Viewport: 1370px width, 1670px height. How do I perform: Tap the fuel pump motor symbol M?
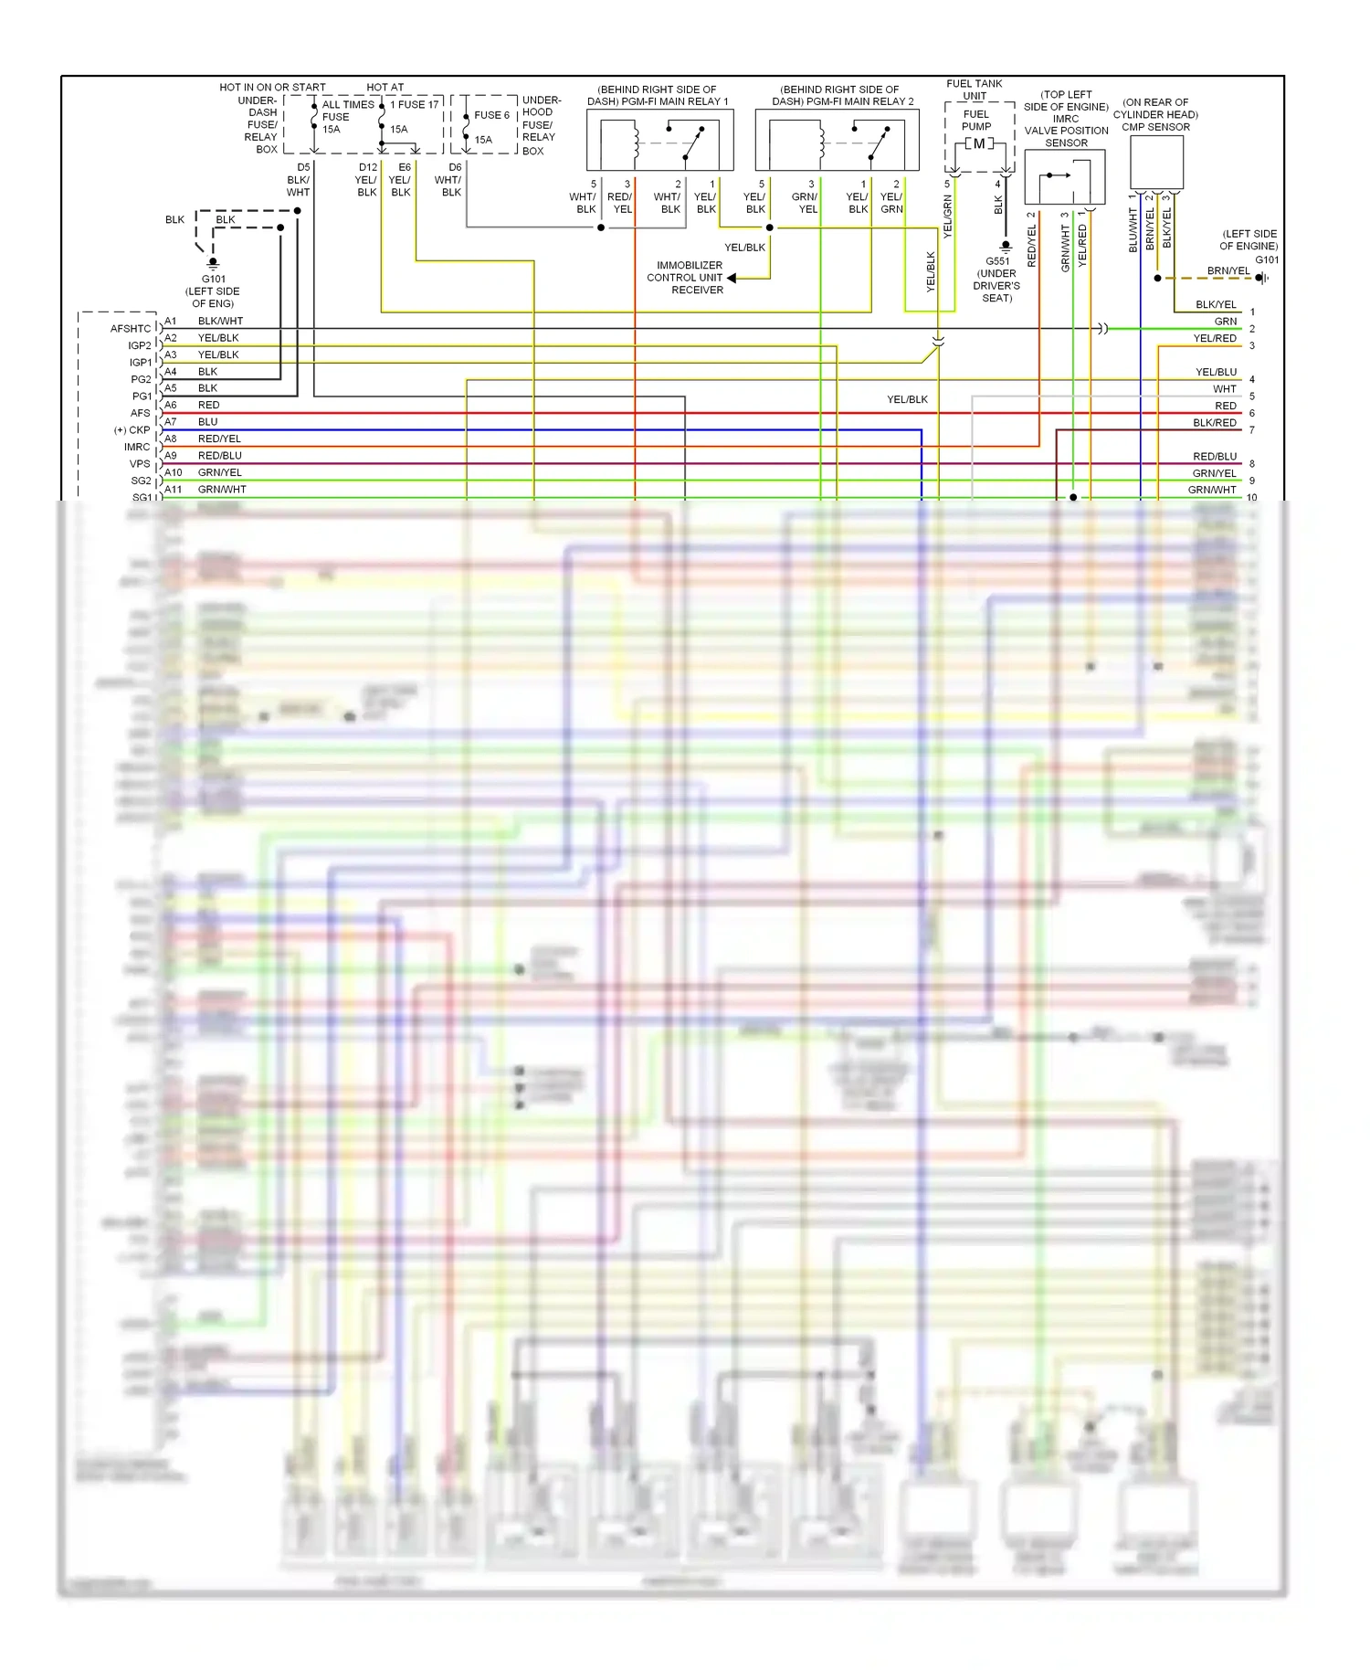click(979, 143)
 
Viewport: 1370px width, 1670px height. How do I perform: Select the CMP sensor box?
click(1156, 163)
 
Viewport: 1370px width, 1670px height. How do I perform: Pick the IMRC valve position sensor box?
click(1064, 176)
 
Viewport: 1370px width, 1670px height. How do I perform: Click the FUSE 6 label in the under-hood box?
click(491, 115)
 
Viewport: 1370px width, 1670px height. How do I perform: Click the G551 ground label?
click(997, 261)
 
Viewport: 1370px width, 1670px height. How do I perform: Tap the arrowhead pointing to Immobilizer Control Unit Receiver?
click(732, 278)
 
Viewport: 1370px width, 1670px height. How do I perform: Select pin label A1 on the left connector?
click(171, 322)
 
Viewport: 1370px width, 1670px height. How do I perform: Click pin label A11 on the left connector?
click(174, 490)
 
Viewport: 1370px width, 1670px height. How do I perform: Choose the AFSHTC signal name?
click(131, 329)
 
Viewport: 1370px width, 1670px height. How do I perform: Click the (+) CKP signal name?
click(132, 430)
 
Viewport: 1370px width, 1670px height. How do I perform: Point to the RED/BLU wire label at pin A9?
click(220, 456)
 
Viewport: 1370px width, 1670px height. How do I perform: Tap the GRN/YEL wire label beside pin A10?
click(220, 472)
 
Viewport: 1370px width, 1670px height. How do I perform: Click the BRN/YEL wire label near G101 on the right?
click(1228, 270)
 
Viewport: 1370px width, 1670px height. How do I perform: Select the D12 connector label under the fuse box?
click(368, 167)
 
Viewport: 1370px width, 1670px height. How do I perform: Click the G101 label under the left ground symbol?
click(214, 280)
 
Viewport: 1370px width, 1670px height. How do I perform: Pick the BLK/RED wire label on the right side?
click(1215, 423)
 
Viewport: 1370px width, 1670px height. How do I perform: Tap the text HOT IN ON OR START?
click(272, 88)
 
